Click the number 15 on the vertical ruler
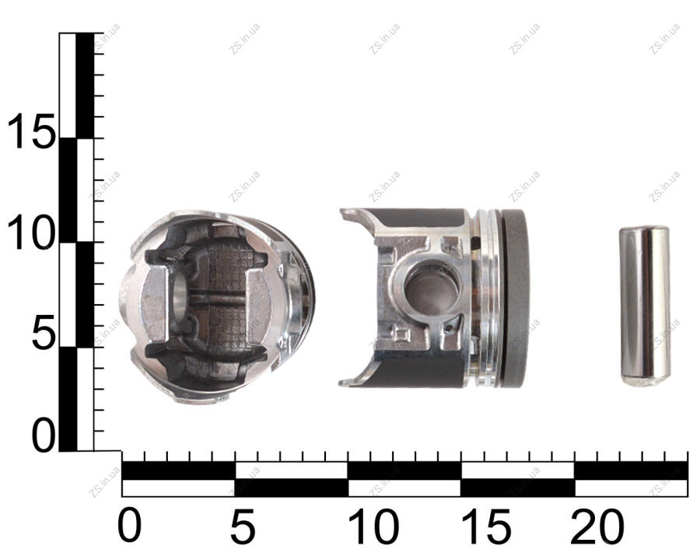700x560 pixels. coord(31,131)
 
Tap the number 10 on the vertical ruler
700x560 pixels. coord(31,233)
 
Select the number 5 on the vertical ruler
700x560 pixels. coord(44,332)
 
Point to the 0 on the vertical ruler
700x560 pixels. coord(44,435)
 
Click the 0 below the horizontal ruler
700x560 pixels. coord(129,526)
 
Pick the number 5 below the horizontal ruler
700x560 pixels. coord(243,526)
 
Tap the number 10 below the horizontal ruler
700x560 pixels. coord(373,526)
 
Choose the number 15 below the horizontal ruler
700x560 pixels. coord(486,526)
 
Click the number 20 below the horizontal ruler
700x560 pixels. coord(597,526)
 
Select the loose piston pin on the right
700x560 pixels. coord(645,306)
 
